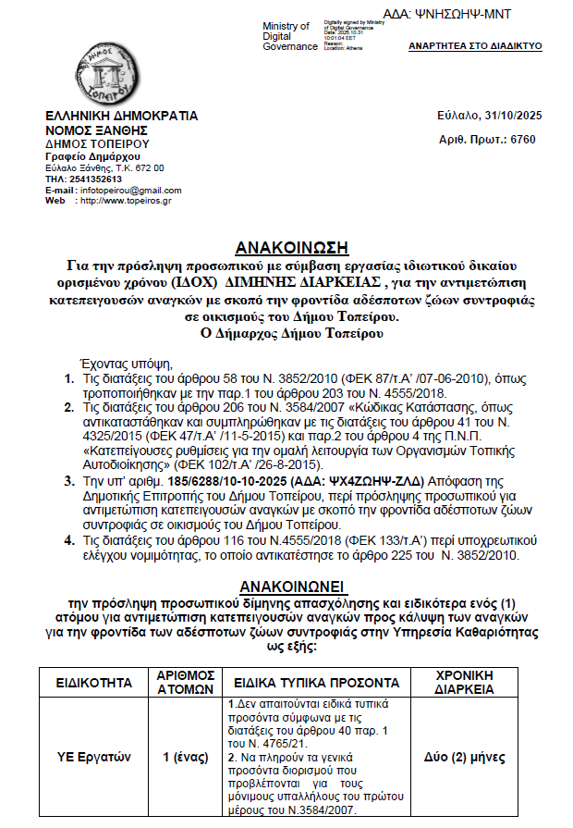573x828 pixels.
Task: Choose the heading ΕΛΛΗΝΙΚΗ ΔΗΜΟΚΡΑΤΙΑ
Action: click(x=122, y=117)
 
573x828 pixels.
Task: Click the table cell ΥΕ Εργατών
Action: click(x=92, y=758)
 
